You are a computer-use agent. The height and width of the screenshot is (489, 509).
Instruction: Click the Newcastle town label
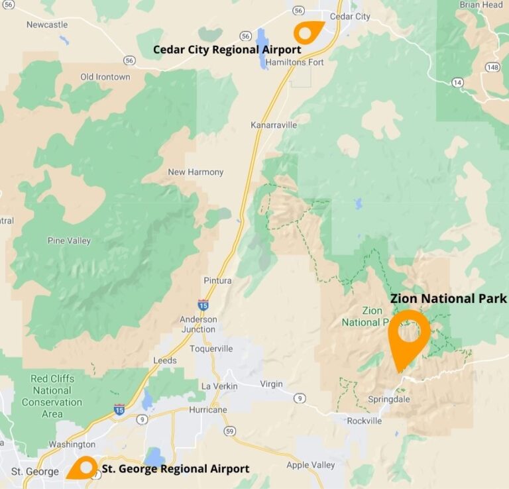[47, 25]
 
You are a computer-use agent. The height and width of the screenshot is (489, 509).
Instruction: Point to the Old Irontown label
[105, 77]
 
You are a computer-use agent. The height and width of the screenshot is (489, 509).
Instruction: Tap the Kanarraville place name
[270, 125]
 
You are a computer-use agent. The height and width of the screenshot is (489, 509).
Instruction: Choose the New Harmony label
[196, 172]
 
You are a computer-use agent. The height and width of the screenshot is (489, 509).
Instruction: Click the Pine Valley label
[70, 241]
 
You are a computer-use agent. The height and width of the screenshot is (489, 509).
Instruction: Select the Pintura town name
[218, 281]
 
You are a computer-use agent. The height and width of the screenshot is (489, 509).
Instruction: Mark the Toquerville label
[211, 349]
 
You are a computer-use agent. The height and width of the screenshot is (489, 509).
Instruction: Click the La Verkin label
[219, 386]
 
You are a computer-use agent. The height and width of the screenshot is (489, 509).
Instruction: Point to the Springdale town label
[389, 400]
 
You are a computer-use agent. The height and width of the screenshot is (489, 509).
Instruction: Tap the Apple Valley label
[311, 465]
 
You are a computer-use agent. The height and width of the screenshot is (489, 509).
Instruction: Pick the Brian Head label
[481, 5]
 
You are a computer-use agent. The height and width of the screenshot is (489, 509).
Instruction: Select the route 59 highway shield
[230, 431]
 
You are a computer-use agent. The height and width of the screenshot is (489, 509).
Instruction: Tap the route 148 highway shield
[492, 67]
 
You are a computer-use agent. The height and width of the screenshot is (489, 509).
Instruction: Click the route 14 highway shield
[457, 82]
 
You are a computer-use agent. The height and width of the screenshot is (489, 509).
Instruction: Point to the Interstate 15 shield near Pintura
[203, 305]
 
